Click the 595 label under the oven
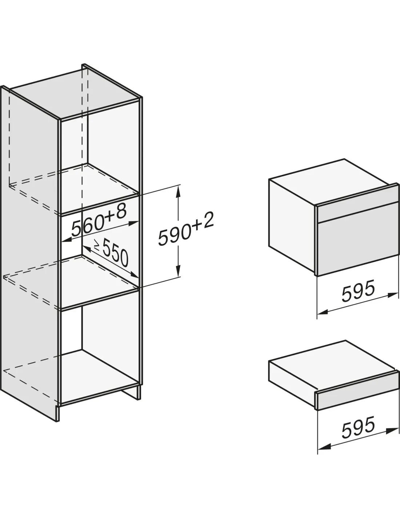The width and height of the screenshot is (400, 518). coord(358,291)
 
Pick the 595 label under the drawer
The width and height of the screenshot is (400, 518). coord(358,427)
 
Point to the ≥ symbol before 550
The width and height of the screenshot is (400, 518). coord(97,245)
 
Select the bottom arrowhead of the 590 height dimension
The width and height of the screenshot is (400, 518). coord(177,271)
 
